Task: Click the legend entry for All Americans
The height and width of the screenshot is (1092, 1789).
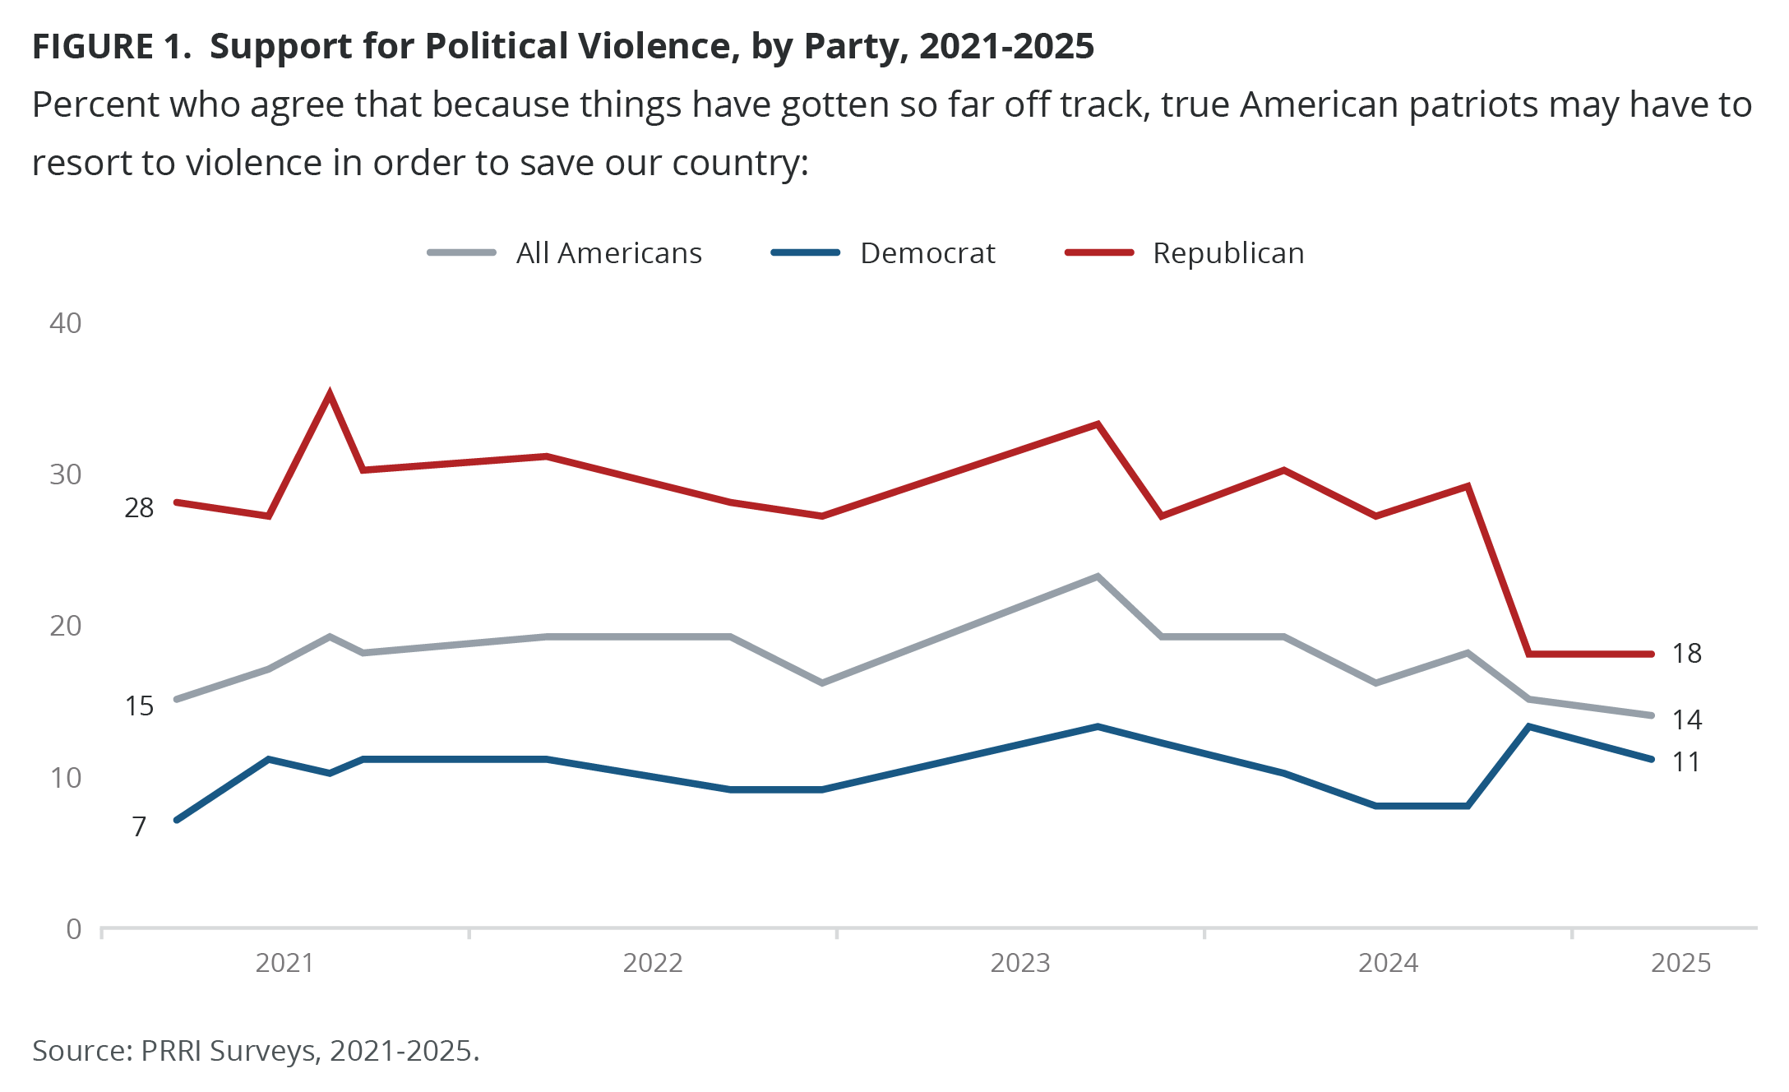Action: click(x=608, y=253)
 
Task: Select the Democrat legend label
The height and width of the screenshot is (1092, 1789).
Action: click(x=927, y=253)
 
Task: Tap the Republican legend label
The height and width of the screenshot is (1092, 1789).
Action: click(x=1228, y=253)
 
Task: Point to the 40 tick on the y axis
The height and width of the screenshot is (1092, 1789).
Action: click(x=66, y=323)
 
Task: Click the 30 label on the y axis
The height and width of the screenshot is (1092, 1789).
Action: click(x=66, y=474)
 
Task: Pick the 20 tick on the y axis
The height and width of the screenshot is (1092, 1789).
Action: click(x=66, y=626)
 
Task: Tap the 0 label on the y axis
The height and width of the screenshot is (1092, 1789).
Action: click(x=74, y=929)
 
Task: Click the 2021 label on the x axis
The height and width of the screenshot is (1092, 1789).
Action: click(x=284, y=963)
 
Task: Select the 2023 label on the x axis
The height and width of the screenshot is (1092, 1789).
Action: click(x=1020, y=963)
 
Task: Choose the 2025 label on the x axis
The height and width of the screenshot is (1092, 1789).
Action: click(x=1680, y=963)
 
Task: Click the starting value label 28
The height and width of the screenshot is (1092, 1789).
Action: click(x=139, y=508)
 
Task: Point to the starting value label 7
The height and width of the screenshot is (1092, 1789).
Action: click(x=140, y=826)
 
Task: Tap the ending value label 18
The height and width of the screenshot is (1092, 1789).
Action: click(x=1686, y=654)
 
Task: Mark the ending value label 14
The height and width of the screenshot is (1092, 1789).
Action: click(x=1686, y=720)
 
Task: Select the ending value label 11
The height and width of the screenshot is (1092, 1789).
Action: click(x=1686, y=762)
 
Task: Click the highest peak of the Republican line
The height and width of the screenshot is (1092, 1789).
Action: click(x=330, y=395)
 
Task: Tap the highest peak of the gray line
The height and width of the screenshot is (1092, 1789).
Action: click(x=1098, y=576)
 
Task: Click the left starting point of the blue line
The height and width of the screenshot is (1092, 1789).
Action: click(x=177, y=820)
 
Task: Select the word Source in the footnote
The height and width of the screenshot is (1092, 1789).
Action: click(x=80, y=1051)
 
